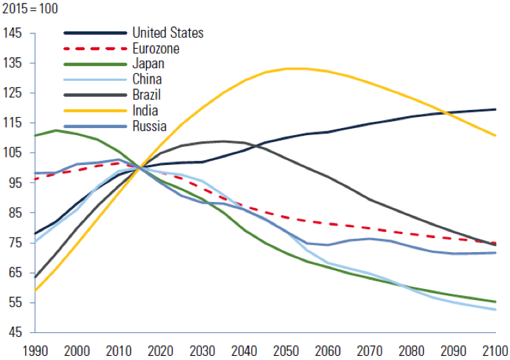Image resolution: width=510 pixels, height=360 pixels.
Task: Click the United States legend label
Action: (168, 33)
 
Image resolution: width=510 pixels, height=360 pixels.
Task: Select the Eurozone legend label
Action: (155, 49)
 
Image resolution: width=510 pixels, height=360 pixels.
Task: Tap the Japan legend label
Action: (148, 64)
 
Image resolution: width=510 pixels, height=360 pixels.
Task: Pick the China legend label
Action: (147, 79)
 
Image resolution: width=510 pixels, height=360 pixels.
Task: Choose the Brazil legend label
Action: (148, 95)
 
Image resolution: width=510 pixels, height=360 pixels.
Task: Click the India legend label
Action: (145, 110)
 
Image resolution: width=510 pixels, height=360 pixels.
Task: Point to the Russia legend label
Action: (149, 126)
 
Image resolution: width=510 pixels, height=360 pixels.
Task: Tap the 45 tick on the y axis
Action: (16, 332)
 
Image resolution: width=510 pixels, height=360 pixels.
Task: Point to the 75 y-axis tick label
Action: (16, 242)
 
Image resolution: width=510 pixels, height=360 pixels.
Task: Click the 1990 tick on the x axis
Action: (34, 349)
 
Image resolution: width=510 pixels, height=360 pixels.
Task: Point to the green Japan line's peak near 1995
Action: (56, 130)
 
